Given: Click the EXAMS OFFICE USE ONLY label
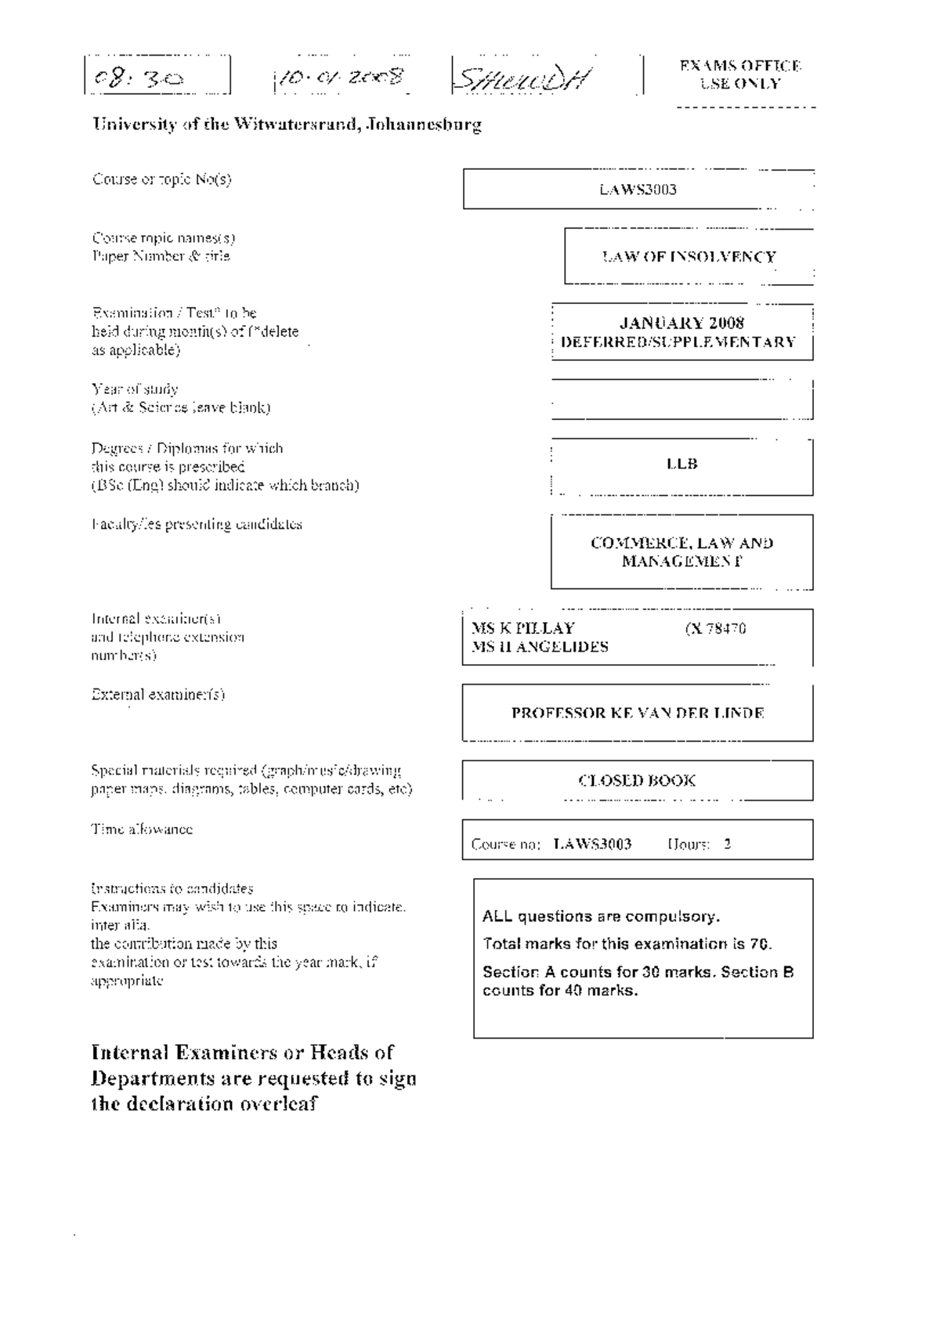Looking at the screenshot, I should [739, 75].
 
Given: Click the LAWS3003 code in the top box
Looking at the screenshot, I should [638, 190].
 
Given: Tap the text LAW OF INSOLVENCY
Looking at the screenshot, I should [689, 257].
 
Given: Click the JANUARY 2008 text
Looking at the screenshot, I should [681, 323].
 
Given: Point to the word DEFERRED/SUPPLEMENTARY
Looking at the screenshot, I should [678, 342].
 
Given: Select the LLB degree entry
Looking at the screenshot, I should [681, 464].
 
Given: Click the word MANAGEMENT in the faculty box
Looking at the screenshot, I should [681, 562].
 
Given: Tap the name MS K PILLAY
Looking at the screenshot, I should [522, 628].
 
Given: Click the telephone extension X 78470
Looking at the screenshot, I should [715, 628].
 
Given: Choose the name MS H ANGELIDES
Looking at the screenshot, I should [540, 647].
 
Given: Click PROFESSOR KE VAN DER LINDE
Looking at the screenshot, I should [638, 713].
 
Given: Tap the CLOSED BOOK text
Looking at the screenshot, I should [637, 780].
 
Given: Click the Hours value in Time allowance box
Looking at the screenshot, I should [727, 844].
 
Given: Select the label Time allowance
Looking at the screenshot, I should [142, 829].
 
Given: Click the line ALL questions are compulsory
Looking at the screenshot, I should [601, 916].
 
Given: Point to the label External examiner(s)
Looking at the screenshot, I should [158, 694].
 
